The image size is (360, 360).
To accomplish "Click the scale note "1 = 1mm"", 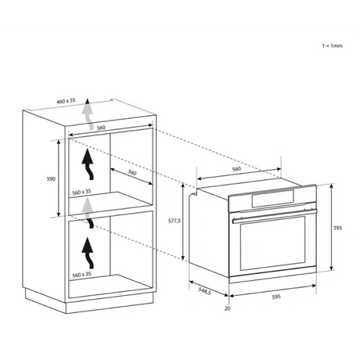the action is point(332,45).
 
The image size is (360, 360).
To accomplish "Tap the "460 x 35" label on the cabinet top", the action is point(66,100).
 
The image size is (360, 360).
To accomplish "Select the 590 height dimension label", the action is point(51,179).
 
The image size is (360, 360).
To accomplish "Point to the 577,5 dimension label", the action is point(175,221).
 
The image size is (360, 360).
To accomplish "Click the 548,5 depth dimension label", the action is point(204,291).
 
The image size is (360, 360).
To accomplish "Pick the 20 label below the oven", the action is point(228,308).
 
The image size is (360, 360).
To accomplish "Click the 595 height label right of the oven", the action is point(337,228).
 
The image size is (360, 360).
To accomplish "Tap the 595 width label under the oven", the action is point(276,297).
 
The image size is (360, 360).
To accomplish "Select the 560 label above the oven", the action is point(236,169).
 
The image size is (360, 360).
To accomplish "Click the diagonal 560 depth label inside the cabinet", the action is point(132,172).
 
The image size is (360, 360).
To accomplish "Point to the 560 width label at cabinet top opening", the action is point(101,128).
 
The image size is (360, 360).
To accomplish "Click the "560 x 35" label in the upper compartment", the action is point(81,193).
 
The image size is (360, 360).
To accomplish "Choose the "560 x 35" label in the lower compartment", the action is point(81,275).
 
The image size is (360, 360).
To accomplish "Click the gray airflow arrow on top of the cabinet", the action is point(88,115).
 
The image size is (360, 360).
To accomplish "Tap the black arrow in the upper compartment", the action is point(88,165).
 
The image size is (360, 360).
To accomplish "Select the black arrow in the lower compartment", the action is point(88,253).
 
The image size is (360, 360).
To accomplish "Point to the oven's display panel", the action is point(273,199).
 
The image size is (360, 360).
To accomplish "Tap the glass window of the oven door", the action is point(272,243).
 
